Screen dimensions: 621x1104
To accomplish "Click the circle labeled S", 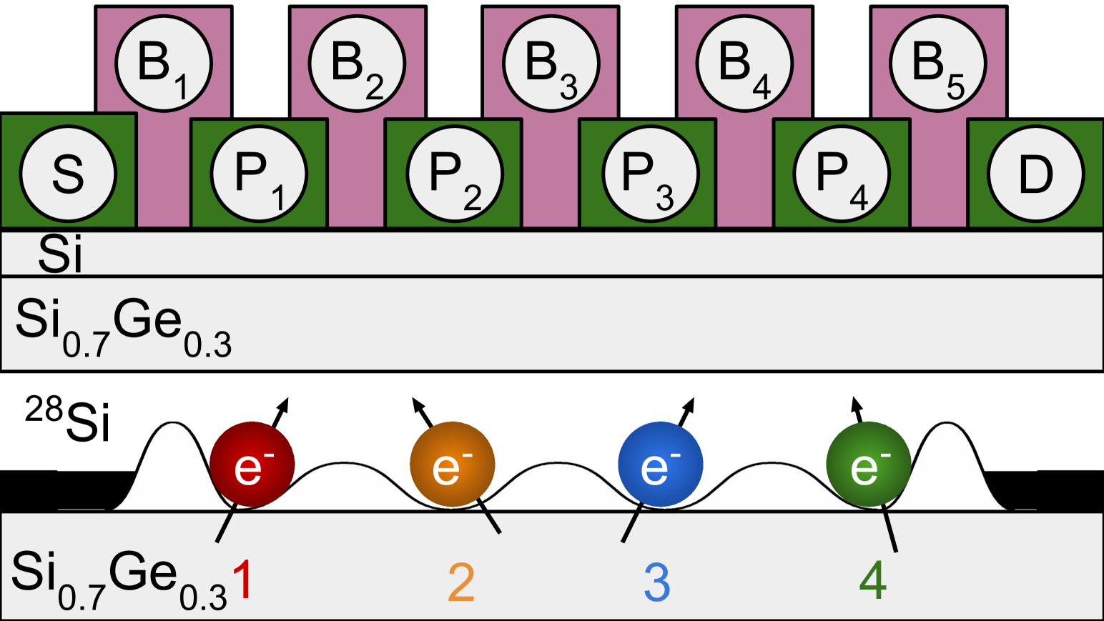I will [68, 174].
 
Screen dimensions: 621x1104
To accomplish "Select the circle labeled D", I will [1035, 174].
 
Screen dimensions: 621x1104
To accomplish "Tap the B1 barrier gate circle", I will [164, 64].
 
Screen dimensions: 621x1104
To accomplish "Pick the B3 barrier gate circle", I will [551, 64].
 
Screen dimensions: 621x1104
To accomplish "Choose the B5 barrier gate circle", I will [938, 64].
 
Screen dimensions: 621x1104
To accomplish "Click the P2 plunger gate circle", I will [455, 174].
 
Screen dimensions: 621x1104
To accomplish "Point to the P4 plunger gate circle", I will [842, 174].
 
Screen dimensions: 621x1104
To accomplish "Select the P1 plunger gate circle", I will [260, 174].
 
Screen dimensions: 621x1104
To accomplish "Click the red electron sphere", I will [252, 465].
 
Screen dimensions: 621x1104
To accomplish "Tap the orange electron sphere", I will [452, 465].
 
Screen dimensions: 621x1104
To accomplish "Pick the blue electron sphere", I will [660, 465].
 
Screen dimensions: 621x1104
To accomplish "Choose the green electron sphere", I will [868, 465].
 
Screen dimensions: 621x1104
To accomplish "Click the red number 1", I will [243, 580].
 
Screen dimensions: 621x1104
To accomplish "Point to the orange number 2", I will [461, 582].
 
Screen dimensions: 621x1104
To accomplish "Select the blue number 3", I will [657, 582].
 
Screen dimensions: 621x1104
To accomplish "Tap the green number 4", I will [873, 580].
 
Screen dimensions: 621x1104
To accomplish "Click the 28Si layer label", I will [69, 420].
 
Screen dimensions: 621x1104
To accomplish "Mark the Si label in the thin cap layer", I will [61, 254].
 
